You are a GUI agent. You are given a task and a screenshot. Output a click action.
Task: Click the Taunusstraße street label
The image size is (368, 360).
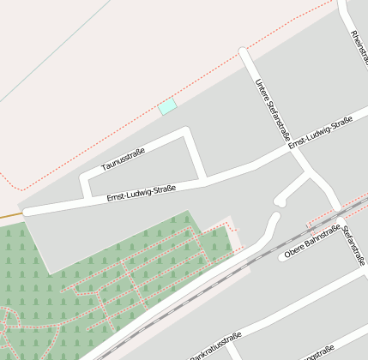[x=124, y=159]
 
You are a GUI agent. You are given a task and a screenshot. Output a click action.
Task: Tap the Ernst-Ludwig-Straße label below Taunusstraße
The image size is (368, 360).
[x=142, y=193]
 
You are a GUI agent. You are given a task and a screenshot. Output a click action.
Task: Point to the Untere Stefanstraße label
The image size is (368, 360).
[x=272, y=110]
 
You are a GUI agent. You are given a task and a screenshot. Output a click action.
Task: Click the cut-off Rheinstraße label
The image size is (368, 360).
[x=358, y=47]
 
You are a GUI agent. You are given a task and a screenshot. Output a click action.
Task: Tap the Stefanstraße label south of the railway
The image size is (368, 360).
[x=353, y=246]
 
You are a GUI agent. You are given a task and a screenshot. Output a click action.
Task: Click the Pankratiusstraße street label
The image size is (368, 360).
[x=214, y=346]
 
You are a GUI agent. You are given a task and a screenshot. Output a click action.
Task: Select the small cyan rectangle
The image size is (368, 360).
[x=167, y=106]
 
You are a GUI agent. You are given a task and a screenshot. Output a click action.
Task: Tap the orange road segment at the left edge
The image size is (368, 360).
[x=10, y=213]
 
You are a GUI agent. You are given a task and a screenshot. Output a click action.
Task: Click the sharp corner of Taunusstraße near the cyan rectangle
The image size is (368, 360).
[x=185, y=132]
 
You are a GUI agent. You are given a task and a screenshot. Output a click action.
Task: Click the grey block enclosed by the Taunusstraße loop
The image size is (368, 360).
[x=142, y=168]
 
